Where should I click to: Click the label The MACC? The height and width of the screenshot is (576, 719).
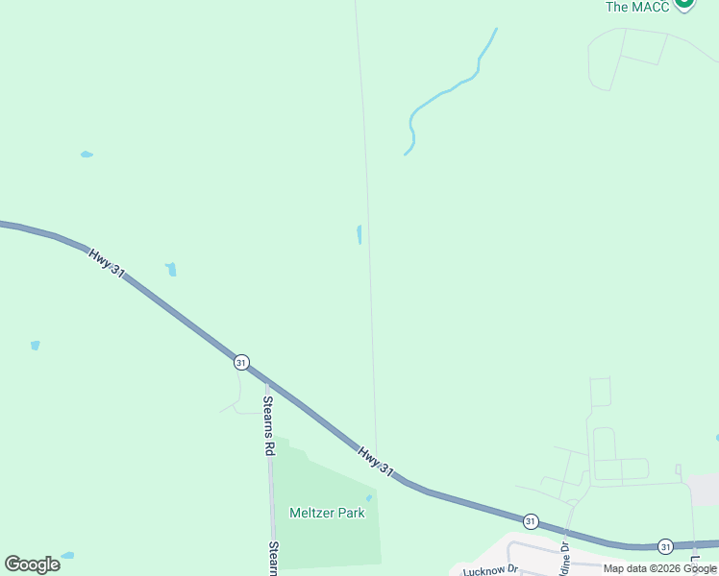[x=636, y=7]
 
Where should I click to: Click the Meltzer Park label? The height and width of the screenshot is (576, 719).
[x=327, y=513]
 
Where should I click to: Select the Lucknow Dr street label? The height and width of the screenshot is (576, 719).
[x=490, y=569]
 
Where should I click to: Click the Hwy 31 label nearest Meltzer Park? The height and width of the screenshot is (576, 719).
[x=376, y=460]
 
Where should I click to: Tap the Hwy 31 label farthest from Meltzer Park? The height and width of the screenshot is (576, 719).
[x=107, y=263]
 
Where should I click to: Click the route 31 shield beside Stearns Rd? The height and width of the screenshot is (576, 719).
[x=241, y=362]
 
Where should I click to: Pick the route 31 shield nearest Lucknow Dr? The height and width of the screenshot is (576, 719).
[x=531, y=520]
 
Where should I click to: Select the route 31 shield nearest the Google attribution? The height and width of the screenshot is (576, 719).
[x=665, y=546]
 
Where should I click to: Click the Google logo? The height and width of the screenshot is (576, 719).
[x=32, y=564]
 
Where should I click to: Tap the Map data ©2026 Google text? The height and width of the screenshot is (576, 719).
[x=659, y=568]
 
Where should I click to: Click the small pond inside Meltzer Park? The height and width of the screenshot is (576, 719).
[x=368, y=497]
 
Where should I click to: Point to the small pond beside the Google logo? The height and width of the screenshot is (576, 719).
[x=67, y=555]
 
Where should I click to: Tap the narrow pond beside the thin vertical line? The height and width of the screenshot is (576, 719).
[x=359, y=234]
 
